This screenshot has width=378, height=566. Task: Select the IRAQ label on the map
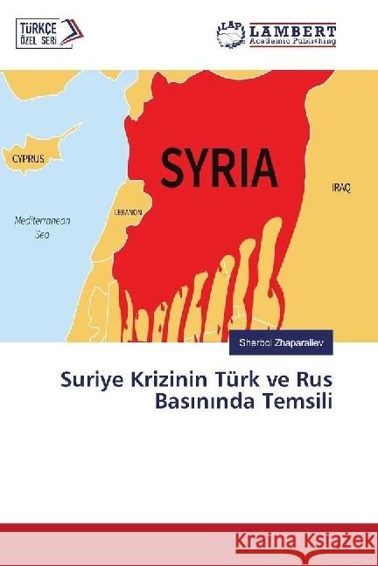tap(342, 188)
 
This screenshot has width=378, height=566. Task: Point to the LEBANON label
tap(129, 212)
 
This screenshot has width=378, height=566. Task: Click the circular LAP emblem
tap(231, 34)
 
